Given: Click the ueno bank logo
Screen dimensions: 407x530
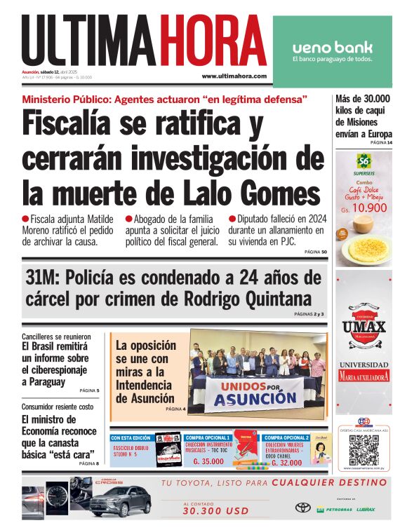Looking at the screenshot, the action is click(333, 48).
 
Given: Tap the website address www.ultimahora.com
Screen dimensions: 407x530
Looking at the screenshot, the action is click(234, 76).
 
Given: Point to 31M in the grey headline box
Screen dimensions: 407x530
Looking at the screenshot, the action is click(44, 278).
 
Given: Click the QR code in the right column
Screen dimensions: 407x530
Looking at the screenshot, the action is click(363, 450).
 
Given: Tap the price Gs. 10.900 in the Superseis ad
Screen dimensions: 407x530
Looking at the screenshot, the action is click(362, 209).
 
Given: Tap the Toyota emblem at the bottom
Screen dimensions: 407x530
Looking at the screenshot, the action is click(303, 508).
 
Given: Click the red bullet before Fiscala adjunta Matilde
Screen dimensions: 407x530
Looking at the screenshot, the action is click(25, 219).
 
